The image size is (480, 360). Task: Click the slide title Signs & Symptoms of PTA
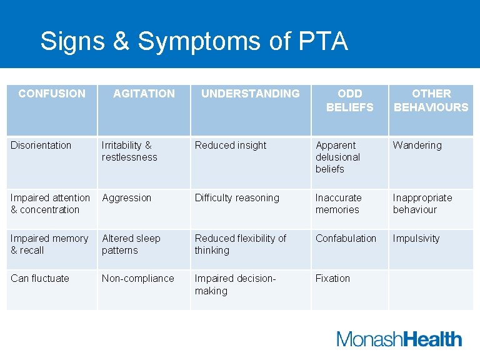coord(194,41)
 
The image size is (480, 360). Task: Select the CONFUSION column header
coord(52,94)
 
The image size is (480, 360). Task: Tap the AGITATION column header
coord(144,94)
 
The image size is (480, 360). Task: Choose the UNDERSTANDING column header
coord(250,94)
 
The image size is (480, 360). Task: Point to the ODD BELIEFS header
coord(349,101)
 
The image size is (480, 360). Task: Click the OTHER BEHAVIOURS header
coord(431,101)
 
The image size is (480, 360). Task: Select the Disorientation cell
coord(41,146)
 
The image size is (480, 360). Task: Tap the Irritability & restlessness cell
coord(130,151)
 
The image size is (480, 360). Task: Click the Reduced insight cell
coord(231,146)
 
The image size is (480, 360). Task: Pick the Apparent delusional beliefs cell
coord(338,157)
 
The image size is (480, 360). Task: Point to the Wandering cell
coord(417,146)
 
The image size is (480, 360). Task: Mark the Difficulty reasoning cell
coord(237,198)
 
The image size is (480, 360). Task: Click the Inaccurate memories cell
coord(338,204)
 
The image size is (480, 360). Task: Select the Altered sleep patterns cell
coord(131,244)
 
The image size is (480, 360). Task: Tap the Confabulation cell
coord(346,239)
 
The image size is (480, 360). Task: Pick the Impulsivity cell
coord(416,239)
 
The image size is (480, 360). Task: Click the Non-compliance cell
coord(138,279)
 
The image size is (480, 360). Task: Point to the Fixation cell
coord(332,279)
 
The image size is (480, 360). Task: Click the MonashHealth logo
coord(399,339)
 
